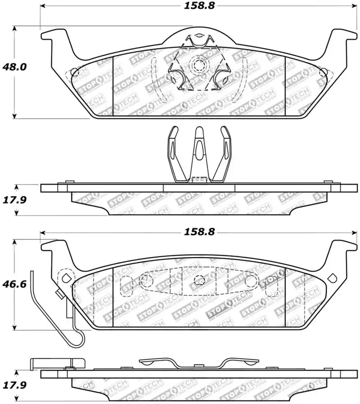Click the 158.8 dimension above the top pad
(x=199, y=6)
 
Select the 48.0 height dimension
(x=15, y=67)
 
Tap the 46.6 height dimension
(x=15, y=284)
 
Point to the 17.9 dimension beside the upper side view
(x=15, y=199)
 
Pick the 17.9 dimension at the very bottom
(x=15, y=385)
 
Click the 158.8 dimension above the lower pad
(x=199, y=232)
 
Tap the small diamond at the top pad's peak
(x=199, y=35)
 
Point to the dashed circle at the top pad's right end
(x=323, y=72)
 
